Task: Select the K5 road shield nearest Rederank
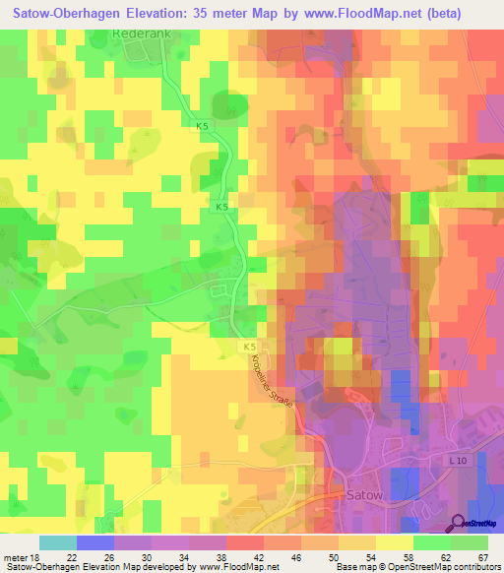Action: click(x=202, y=126)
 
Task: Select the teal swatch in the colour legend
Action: click(x=58, y=542)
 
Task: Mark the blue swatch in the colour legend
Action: click(x=95, y=542)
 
